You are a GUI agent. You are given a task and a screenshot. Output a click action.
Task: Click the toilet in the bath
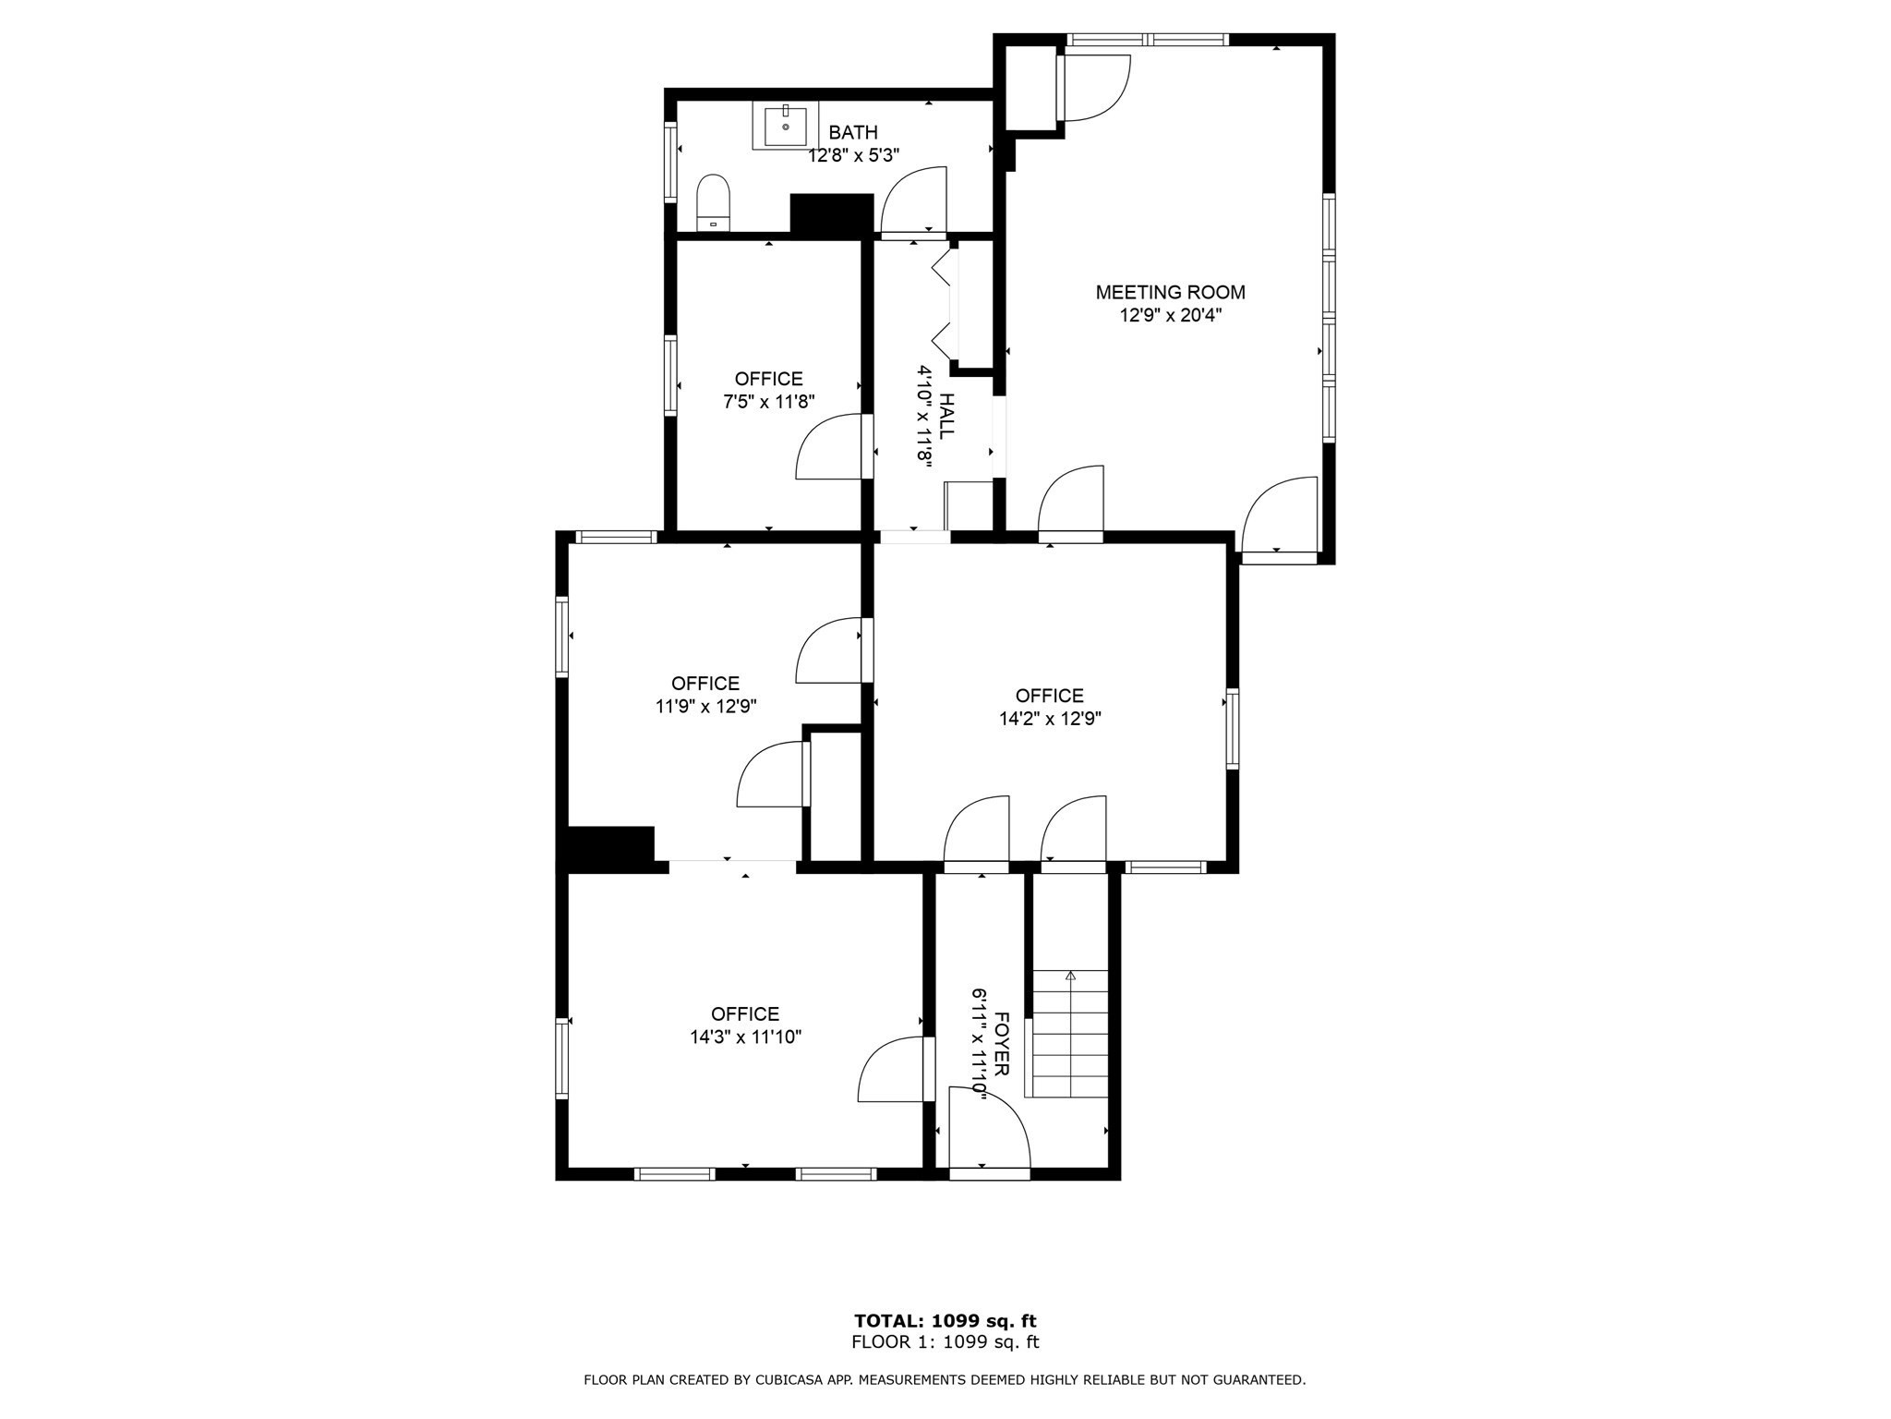(713, 201)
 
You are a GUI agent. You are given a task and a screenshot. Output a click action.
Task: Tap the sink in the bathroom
(785, 126)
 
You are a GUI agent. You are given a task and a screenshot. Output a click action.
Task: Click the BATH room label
(853, 133)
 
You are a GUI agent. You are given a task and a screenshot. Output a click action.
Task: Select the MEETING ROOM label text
(1170, 293)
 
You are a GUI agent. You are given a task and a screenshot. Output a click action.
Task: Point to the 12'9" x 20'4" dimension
(1170, 316)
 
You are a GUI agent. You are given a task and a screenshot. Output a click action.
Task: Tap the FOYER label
(1003, 1044)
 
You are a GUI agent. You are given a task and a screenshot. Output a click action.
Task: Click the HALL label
(946, 416)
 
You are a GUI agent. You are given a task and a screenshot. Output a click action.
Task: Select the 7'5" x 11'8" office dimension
(768, 402)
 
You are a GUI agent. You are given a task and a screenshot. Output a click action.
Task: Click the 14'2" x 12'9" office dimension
(1050, 719)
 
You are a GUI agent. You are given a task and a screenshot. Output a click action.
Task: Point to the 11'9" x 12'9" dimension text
(705, 707)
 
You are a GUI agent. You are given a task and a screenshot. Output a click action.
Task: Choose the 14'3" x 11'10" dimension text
(745, 1037)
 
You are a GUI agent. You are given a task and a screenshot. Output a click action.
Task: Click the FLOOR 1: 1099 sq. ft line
(945, 1342)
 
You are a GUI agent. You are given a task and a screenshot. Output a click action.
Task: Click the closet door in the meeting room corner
(1095, 88)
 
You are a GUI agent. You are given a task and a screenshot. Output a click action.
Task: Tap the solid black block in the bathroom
(831, 213)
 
